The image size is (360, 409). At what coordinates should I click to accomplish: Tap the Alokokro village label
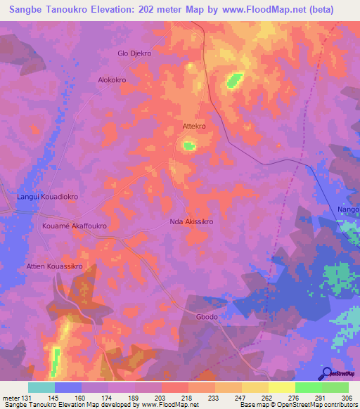click(112, 80)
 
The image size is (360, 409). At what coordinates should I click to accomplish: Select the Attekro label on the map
click(193, 126)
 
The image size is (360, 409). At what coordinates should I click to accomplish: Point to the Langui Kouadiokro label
click(47, 197)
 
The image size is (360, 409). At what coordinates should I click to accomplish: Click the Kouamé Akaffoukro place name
click(73, 227)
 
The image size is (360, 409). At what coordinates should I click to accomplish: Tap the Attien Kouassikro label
click(55, 267)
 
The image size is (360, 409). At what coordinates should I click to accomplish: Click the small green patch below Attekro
click(188, 146)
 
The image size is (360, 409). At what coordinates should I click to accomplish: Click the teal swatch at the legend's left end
click(41, 387)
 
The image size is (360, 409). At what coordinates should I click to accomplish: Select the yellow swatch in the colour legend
click(282, 387)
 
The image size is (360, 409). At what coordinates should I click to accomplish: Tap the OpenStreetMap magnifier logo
click(327, 373)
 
